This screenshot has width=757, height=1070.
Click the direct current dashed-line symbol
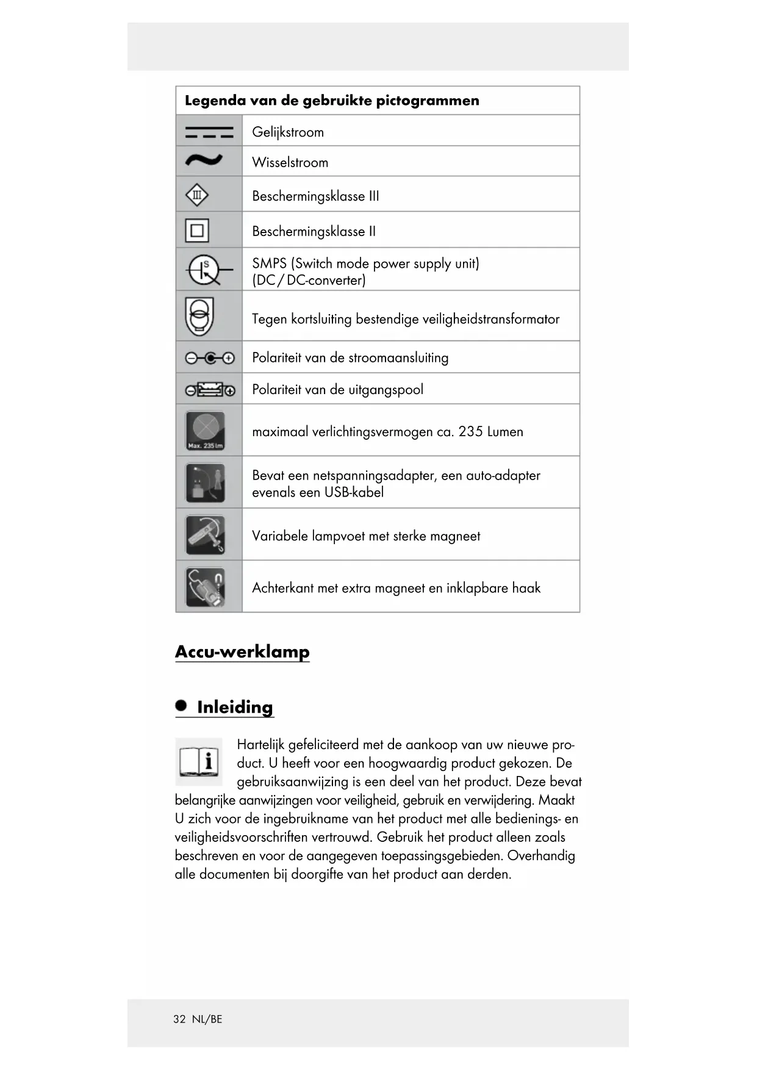click(x=209, y=132)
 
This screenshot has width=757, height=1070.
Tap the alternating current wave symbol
click(x=204, y=160)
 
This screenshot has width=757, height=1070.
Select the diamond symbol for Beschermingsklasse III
click(x=196, y=195)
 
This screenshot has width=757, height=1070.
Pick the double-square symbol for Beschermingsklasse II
click(x=197, y=231)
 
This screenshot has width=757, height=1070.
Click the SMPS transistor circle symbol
click(x=204, y=270)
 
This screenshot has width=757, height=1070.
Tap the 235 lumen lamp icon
click(x=205, y=431)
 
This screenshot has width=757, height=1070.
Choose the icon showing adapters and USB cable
click(x=205, y=483)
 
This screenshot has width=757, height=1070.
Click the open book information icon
click(x=199, y=762)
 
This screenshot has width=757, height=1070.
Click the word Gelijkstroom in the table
click(x=288, y=132)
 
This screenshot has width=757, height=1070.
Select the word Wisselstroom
click(x=290, y=163)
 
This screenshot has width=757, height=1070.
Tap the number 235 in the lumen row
click(x=470, y=432)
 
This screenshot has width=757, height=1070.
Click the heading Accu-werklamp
click(x=242, y=652)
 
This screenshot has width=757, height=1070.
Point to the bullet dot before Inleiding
click(x=181, y=705)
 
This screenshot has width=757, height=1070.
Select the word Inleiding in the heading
click(x=235, y=707)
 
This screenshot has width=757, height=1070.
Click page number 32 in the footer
click(x=179, y=1019)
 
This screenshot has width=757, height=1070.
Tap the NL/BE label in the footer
click(x=207, y=1019)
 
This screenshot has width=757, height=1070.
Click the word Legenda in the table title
click(x=215, y=101)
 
